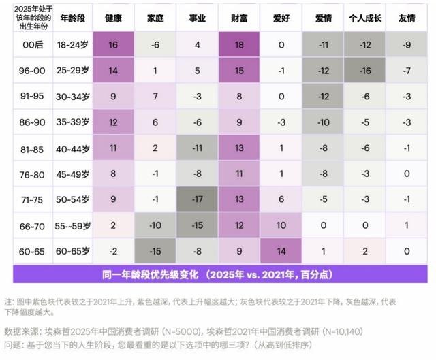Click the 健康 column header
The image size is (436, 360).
[113, 18]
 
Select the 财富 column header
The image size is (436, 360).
[239, 18]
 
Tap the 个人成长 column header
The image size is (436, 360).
[364, 18]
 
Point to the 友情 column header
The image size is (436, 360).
[407, 18]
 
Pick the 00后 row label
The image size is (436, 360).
[32, 44]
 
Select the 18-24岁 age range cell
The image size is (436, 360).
[72, 44]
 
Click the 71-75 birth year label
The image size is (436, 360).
[32, 199]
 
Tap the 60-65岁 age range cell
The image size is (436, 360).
[72, 251]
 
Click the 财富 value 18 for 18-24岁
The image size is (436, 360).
[239, 44]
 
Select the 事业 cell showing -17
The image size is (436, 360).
[197, 199]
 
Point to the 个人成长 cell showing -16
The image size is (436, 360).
[365, 70]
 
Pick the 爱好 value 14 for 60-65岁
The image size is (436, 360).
[281, 251]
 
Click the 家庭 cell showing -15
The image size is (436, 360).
[155, 251]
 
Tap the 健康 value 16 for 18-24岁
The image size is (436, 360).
[113, 44]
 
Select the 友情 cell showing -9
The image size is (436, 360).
[407, 44]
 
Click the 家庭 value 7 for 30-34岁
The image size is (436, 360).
[155, 96]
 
